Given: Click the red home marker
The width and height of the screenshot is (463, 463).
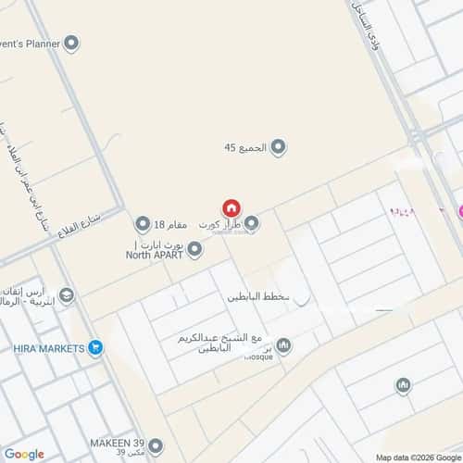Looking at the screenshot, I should coord(231,209).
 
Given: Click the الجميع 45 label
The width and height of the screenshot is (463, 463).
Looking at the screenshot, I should coord(244,147).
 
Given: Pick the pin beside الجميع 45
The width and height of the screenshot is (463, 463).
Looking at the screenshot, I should coord(277,146).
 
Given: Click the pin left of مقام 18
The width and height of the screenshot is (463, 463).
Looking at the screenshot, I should coord(143,224).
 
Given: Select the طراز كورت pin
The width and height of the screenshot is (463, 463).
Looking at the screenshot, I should coord(251,223).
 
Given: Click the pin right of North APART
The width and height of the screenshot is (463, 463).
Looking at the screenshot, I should coord(194,249).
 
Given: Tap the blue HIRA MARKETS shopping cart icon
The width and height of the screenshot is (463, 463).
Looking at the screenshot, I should coord(95,348).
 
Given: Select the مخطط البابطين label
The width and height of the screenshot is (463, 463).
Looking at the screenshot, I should coord(258,298).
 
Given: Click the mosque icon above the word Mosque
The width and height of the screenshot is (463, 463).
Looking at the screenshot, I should coord(283,346).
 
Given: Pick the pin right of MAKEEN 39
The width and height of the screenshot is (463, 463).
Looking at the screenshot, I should coord(155,445).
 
